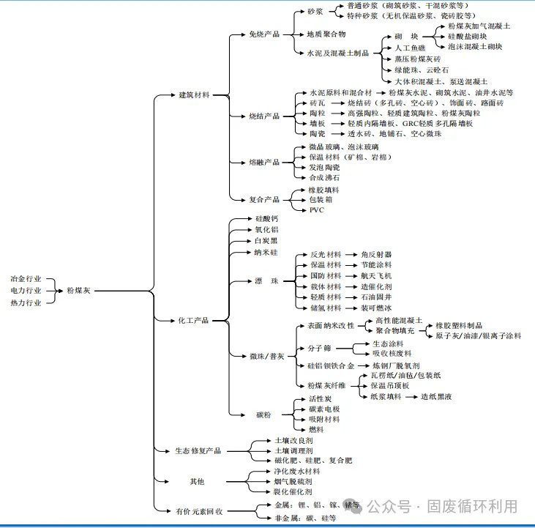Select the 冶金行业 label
(x=26, y=279)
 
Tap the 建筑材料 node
(x=195, y=95)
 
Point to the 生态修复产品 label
(x=198, y=451)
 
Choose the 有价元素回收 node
(x=198, y=510)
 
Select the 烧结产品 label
(x=264, y=116)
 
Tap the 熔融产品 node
(x=264, y=162)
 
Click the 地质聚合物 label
(x=326, y=34)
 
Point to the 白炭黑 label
(x=266, y=240)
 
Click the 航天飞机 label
(x=376, y=275)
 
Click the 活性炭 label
(x=321, y=399)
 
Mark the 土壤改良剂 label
(x=293, y=442)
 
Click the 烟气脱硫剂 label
(x=293, y=482)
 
